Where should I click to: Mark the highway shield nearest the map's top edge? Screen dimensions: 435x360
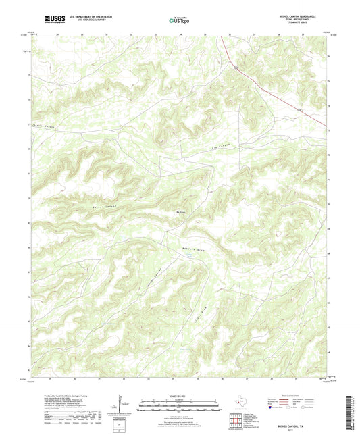pos(236,68)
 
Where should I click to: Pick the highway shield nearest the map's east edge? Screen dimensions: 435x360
pos(298,107)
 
